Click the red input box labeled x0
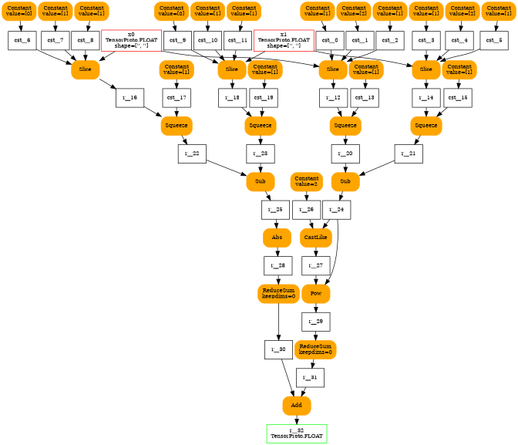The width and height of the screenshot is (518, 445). pos(131,40)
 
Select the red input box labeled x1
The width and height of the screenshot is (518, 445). pos(283,40)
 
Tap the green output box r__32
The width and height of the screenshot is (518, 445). pos(296,433)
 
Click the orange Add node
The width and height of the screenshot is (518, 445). pos(296,405)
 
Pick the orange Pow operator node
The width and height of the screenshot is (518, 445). pos(315,294)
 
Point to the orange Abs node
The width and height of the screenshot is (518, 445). pos(276,238)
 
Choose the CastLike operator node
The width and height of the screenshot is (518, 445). pos(315,238)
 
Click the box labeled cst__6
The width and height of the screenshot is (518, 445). pos(22,40)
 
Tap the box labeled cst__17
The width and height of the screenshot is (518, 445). pos(177,98)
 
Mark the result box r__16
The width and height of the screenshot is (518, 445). pos(129,98)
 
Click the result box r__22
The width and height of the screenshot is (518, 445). pos(191,153)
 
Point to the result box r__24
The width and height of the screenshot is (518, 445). pos(337,209)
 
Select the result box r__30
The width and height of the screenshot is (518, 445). pos(277,349)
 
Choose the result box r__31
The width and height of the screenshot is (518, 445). pos(310,377)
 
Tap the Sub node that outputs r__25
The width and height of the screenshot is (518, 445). pos(260,182)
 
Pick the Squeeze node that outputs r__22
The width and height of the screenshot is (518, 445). pos(177,126)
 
